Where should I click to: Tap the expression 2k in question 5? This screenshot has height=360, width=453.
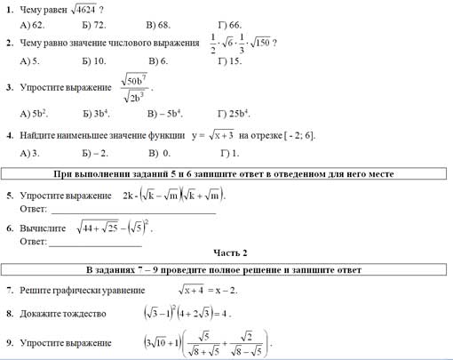point(131,195)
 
